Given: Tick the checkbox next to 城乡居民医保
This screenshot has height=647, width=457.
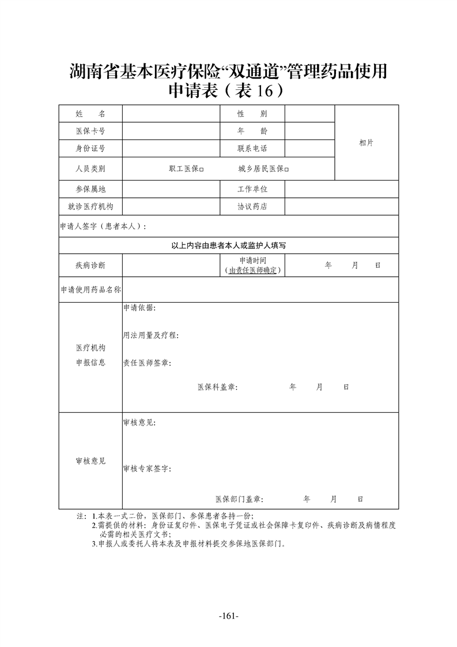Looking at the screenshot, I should (286, 170).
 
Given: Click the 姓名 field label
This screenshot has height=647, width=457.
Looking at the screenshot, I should (90, 114).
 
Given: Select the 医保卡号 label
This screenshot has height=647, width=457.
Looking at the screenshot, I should (90, 131).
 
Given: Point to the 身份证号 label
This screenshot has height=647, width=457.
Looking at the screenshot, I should (90, 149).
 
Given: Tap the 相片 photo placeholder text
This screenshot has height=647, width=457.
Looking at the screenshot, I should (366, 142).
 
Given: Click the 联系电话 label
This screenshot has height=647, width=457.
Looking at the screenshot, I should (252, 149).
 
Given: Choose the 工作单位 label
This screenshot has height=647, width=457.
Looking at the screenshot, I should (252, 189).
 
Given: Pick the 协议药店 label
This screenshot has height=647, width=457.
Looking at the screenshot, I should (252, 206).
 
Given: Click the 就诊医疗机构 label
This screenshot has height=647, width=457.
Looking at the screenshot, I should (90, 206).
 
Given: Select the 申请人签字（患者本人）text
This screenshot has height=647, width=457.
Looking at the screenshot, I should (103, 227).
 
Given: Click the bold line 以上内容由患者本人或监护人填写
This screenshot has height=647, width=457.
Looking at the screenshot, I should (229, 245).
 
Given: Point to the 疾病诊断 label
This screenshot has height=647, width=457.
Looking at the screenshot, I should (90, 265).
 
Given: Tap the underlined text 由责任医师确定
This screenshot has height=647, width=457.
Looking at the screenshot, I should (253, 270).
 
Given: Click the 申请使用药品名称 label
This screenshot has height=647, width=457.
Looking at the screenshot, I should (90, 290).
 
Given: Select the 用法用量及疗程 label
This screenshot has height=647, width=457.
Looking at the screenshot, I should (150, 335).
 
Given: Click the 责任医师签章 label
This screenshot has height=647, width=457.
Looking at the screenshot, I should (146, 363).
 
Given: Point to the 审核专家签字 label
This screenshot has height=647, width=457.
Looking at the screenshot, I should (146, 469).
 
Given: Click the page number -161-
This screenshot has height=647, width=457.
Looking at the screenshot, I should (229, 617).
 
